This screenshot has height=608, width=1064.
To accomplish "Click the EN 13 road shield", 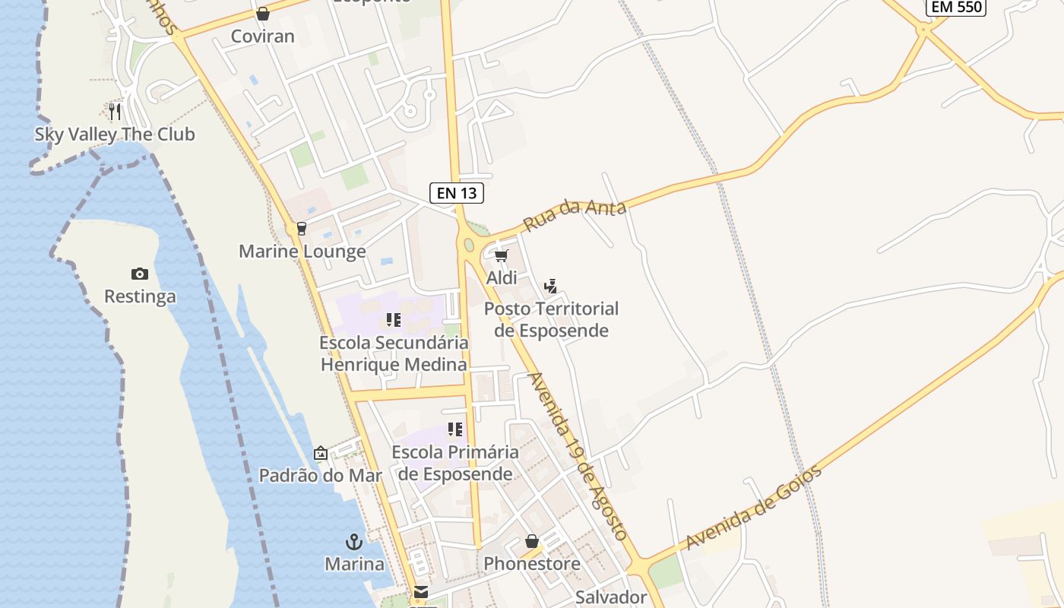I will pos(457,193).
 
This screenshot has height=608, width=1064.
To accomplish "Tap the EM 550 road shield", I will pos(956,8).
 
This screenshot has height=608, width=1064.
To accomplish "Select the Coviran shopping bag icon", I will pos(262,14).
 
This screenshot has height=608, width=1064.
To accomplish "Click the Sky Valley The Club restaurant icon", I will pos(115,111).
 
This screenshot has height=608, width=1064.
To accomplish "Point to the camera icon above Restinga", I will pos(140,274).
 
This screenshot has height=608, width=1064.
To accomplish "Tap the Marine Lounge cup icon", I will pos(301,228).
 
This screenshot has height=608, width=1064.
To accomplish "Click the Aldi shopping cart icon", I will pos(501,256).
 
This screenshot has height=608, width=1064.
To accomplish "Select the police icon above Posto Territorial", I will pos(551,287).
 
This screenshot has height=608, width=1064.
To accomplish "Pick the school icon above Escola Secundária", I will pos(393,320).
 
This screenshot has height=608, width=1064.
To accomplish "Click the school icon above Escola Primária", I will pos(455,429).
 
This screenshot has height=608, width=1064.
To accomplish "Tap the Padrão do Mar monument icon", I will pos(321,453).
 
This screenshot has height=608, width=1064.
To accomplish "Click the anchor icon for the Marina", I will pos(353,542).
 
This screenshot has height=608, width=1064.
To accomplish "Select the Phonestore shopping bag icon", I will pos(532,541).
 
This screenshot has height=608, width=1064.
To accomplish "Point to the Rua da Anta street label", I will pos(575,215).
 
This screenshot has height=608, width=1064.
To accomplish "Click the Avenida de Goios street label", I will pos(753,507).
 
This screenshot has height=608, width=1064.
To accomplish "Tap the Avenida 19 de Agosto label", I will pos(578,456).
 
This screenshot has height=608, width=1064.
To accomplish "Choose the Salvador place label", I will pos(610,597).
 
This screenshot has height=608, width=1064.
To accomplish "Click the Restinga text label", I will pos(140,296).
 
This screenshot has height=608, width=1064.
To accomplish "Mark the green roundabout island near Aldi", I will pos(469,245).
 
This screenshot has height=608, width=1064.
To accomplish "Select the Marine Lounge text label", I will pos(302,252).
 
